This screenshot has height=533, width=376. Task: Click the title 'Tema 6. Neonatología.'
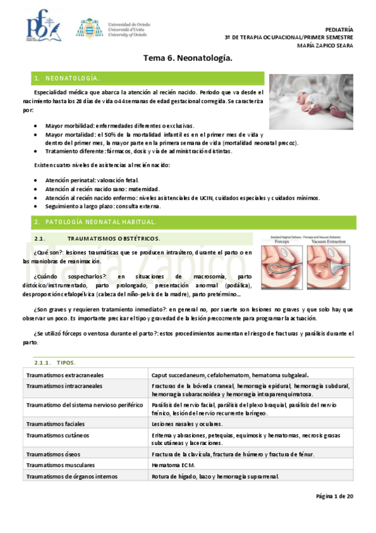pyautogui.click(x=188, y=58)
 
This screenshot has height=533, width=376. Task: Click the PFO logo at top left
pyautogui.click(x=42, y=27)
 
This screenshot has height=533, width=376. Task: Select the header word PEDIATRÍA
pyautogui.click(x=340, y=30)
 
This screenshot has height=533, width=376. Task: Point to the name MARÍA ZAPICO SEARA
pyautogui.click(x=326, y=45)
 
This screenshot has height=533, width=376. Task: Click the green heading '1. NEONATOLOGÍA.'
pyautogui.click(x=68, y=78)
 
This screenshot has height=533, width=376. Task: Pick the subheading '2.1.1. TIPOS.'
pyautogui.click(x=56, y=363)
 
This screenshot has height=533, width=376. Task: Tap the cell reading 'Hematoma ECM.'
pyautogui.click(x=173, y=465)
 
